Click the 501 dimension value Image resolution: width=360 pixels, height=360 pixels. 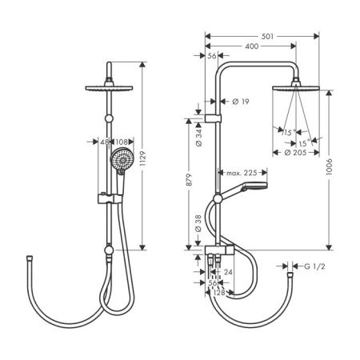[x=267, y=36]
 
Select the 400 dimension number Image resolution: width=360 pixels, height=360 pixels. [x=252, y=46]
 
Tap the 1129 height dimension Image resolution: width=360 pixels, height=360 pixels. [x=143, y=158]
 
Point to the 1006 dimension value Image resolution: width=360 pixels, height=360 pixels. [x=330, y=167]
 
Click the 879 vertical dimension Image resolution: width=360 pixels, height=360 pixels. [x=189, y=180]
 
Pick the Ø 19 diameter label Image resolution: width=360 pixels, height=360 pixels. [x=241, y=102]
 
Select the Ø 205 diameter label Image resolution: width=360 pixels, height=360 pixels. [x=295, y=153]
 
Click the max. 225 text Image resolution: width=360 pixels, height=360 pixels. [x=242, y=173]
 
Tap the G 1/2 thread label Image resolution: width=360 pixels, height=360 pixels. [x=314, y=266]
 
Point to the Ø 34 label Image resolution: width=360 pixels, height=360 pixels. [x=199, y=138]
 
